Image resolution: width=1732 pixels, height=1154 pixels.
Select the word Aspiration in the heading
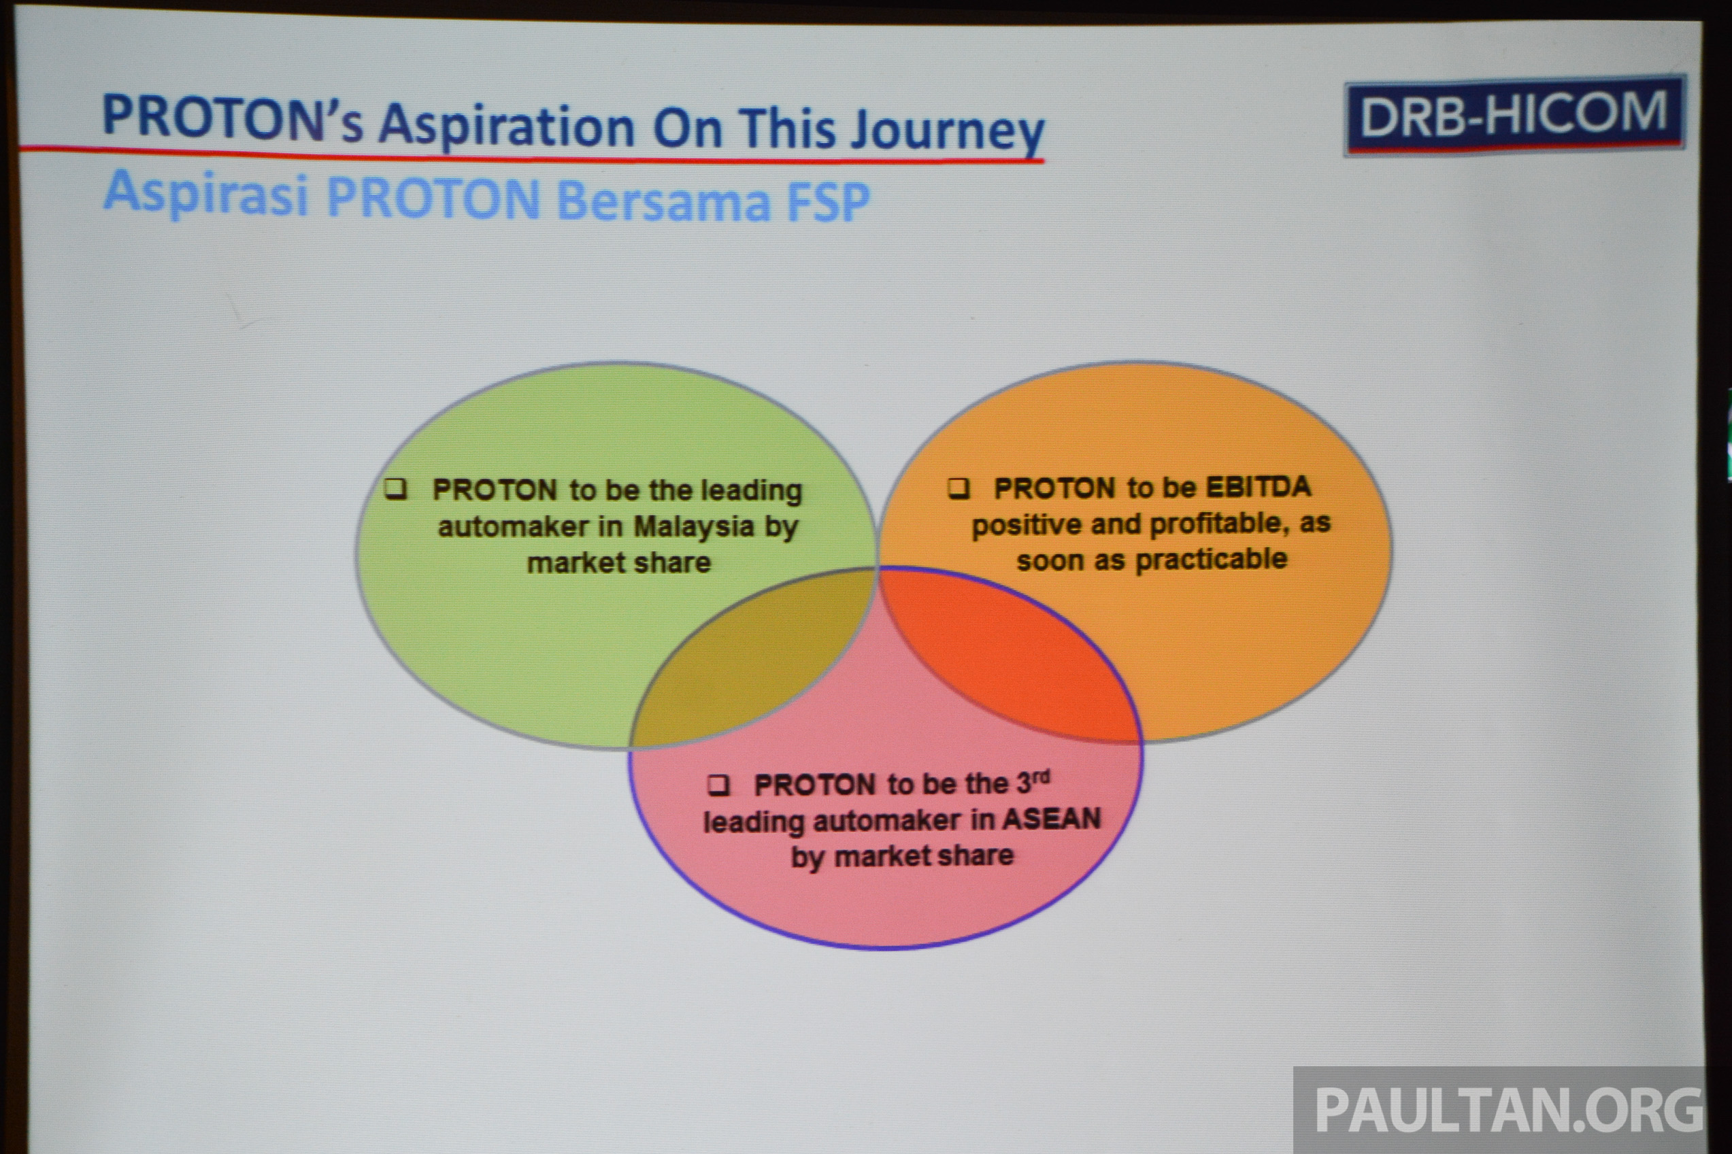coord(506,126)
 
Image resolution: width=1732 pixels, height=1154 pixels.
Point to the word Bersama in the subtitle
coord(663,200)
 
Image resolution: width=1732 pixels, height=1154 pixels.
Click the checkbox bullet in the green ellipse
coord(396,490)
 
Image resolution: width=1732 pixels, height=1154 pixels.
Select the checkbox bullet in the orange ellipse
coord(958,489)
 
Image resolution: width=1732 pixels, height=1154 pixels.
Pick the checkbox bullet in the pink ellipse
coord(718,785)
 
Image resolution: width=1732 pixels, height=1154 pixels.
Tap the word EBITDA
coord(1259,487)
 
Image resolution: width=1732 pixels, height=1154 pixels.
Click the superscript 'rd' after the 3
coord(1041,777)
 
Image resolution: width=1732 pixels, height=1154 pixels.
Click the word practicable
coord(1211,560)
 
